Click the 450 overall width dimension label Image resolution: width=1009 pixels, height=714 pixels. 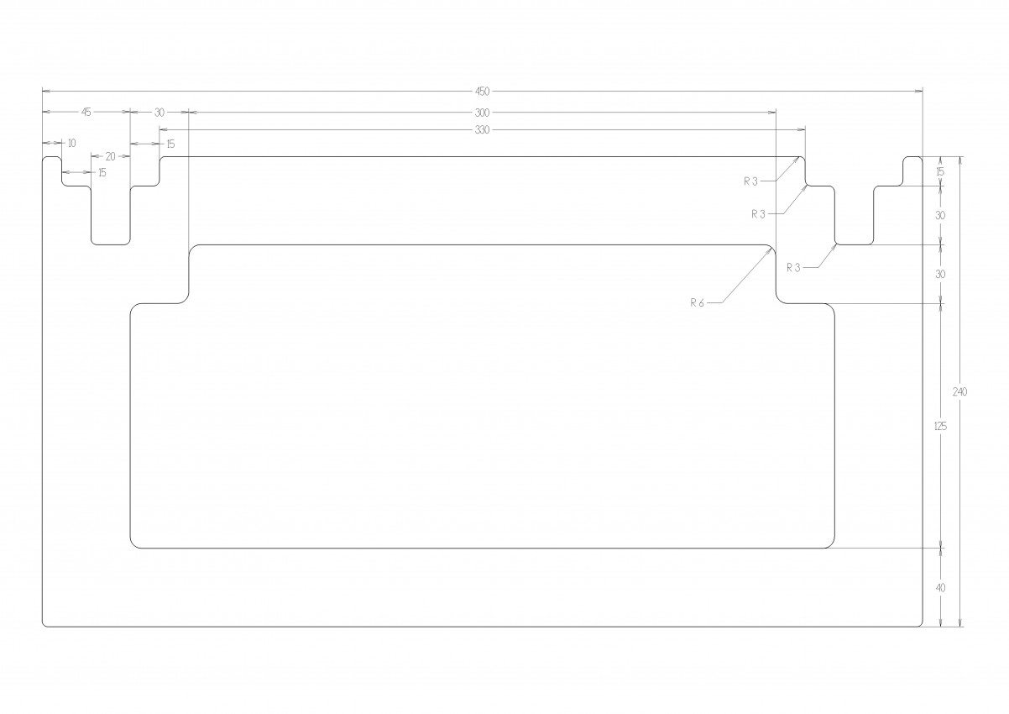coord(482,92)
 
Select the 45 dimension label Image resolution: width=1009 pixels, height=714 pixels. coord(86,112)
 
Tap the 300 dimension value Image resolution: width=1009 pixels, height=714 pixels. coord(482,113)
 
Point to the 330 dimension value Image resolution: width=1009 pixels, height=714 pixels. coord(482,130)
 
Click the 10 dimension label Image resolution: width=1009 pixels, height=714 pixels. coord(72,144)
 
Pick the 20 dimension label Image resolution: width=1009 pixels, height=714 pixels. coord(110,157)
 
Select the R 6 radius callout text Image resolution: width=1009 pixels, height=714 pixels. coord(697,303)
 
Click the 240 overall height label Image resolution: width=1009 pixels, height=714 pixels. coord(960,392)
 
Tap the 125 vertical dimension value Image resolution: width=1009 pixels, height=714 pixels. coord(940,426)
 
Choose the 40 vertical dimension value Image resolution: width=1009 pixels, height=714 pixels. coord(940,588)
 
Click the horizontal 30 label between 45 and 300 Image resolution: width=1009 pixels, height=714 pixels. coord(159,113)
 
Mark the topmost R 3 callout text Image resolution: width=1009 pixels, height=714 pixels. coord(751,181)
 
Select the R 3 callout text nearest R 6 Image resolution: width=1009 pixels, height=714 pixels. coord(793,268)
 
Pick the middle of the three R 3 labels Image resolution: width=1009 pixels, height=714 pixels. coord(759,214)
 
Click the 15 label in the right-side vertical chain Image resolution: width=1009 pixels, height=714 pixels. coord(940,171)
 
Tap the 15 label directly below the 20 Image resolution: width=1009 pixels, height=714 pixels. coord(102,173)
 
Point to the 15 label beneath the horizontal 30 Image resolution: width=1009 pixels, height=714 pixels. coord(170,144)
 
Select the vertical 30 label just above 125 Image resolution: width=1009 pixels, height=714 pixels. coord(940,274)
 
